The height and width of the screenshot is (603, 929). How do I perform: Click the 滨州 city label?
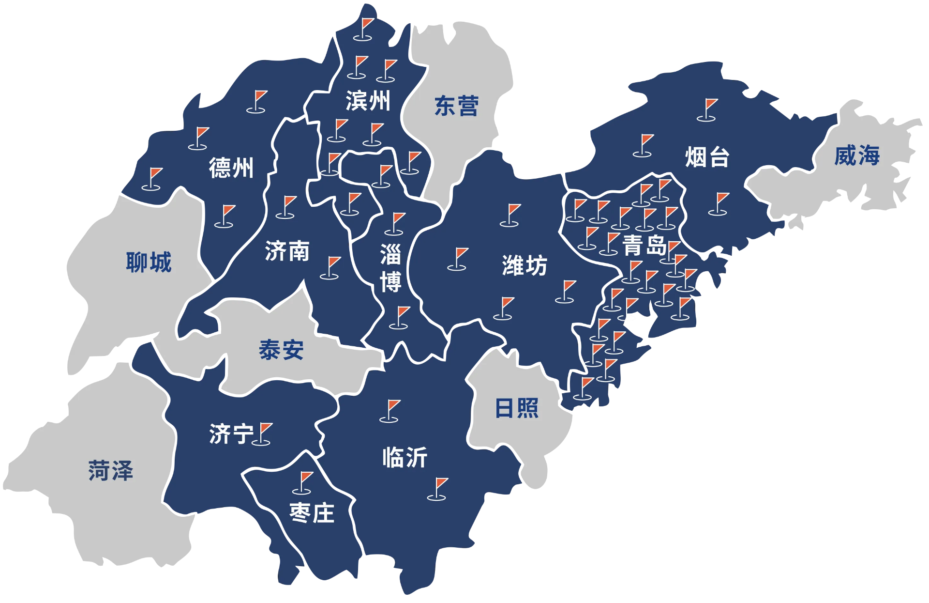point(368,101)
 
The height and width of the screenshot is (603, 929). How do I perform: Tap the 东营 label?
point(456,106)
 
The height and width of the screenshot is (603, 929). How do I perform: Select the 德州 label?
point(231,168)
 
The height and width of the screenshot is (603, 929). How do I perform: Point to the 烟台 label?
point(707,157)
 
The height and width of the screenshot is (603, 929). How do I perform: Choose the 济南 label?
point(287,251)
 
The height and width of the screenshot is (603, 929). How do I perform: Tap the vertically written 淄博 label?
point(390,268)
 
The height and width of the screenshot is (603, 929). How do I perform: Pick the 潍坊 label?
point(524,265)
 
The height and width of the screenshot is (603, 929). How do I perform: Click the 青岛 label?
point(644,245)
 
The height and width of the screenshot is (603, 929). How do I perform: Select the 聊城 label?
point(149,263)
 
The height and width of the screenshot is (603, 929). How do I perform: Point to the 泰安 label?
point(281,350)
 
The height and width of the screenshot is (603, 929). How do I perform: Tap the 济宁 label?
point(231,434)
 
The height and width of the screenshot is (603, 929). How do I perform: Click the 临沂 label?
point(405,458)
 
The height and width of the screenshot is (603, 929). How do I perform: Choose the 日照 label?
point(516,408)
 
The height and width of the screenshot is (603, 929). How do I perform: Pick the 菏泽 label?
point(110,471)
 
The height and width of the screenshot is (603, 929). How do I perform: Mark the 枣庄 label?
point(312,513)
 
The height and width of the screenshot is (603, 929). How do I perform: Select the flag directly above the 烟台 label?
point(708,109)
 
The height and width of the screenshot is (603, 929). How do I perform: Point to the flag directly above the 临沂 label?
point(390,411)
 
